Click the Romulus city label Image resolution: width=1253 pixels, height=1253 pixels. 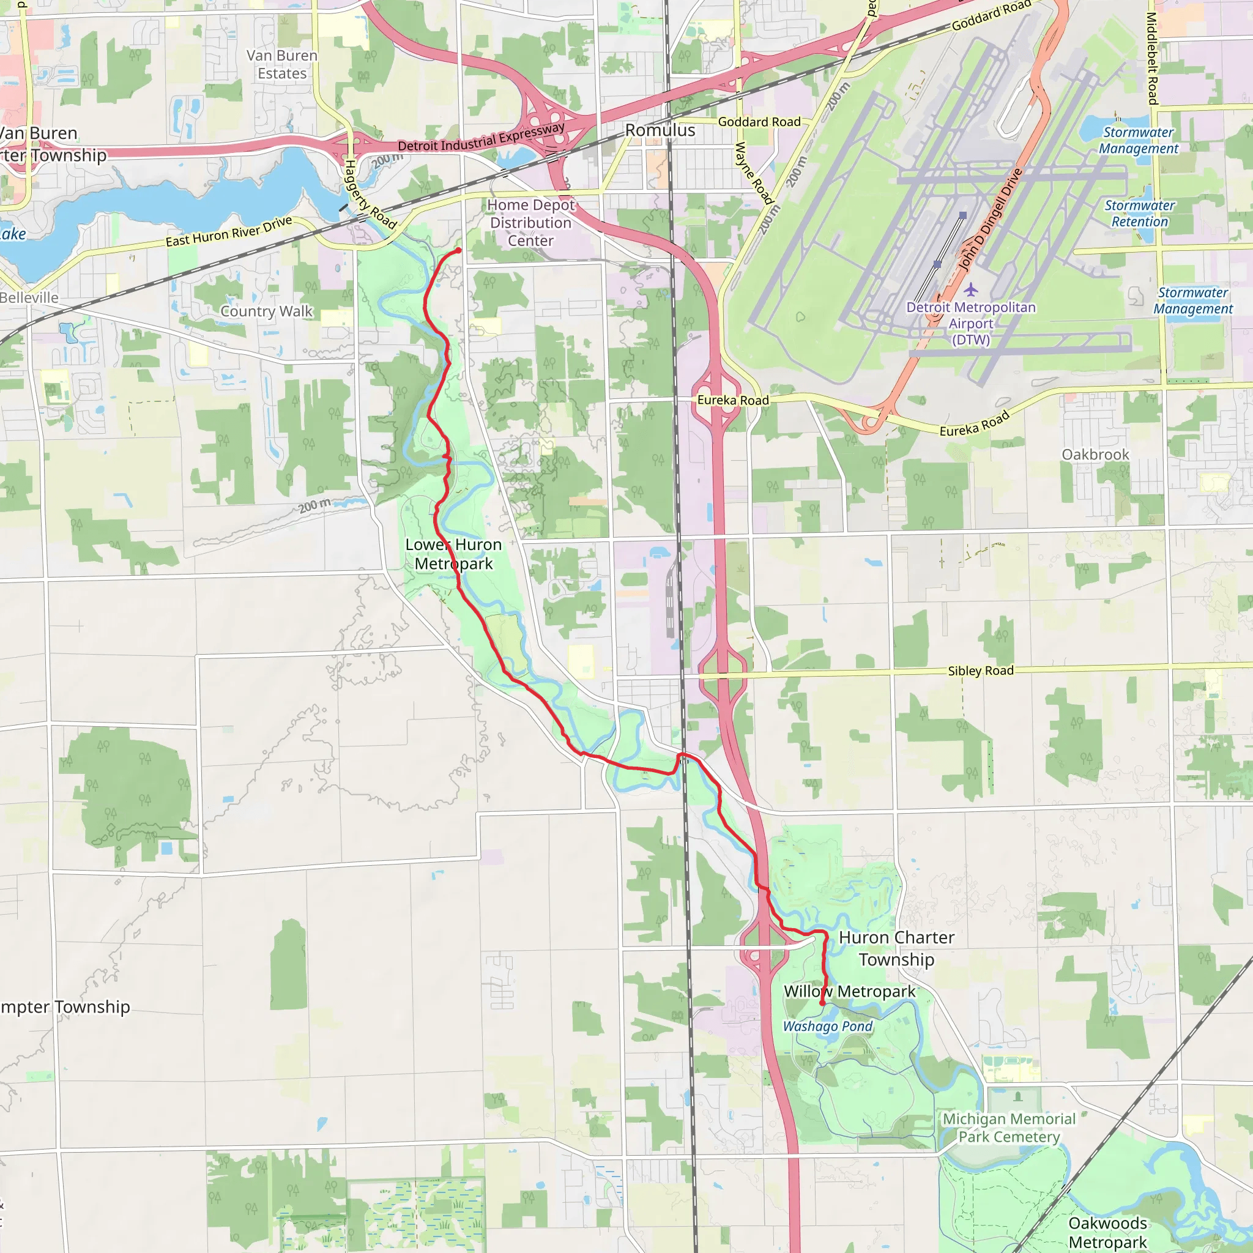(x=660, y=130)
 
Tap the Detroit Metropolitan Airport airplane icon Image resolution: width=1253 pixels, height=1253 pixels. (x=970, y=289)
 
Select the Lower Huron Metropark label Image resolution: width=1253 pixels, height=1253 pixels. (x=453, y=554)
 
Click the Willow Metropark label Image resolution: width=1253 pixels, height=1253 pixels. (x=849, y=992)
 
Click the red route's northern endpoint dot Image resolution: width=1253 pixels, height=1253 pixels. (x=458, y=250)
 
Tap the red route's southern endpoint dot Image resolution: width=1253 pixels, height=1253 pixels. (x=822, y=1003)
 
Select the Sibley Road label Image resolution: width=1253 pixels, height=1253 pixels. (x=980, y=671)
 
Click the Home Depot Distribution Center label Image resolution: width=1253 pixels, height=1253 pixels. (x=530, y=223)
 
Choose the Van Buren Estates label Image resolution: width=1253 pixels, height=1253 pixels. (x=281, y=64)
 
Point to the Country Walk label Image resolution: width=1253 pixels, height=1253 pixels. (x=266, y=311)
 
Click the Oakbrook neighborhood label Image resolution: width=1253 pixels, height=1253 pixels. (x=1095, y=455)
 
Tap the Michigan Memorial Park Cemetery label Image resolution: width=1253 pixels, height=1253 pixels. (x=1008, y=1128)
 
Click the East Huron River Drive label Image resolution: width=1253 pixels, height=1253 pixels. (x=228, y=231)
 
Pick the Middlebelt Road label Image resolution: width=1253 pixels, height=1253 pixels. (x=1152, y=58)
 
